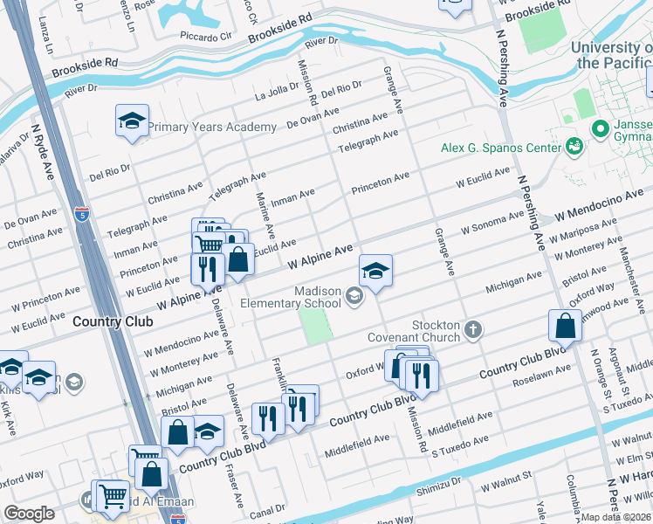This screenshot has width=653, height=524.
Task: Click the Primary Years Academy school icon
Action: (132, 121)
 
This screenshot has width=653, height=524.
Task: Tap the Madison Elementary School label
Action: (305, 297)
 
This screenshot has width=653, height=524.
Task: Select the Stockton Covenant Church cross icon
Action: (473, 329)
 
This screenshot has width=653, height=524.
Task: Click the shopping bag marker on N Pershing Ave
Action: (565, 327)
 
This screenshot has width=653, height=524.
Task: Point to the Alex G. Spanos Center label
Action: (500, 148)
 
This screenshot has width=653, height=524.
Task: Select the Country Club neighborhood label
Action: (113, 321)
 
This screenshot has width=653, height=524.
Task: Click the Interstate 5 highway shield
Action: (82, 212)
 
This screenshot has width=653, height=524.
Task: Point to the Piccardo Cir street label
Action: (206, 38)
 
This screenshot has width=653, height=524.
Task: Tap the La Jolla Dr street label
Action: (277, 95)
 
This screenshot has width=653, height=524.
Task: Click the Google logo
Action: (29, 514)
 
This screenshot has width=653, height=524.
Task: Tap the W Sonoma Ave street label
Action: (492, 226)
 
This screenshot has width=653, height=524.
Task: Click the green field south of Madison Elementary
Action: (317, 326)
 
